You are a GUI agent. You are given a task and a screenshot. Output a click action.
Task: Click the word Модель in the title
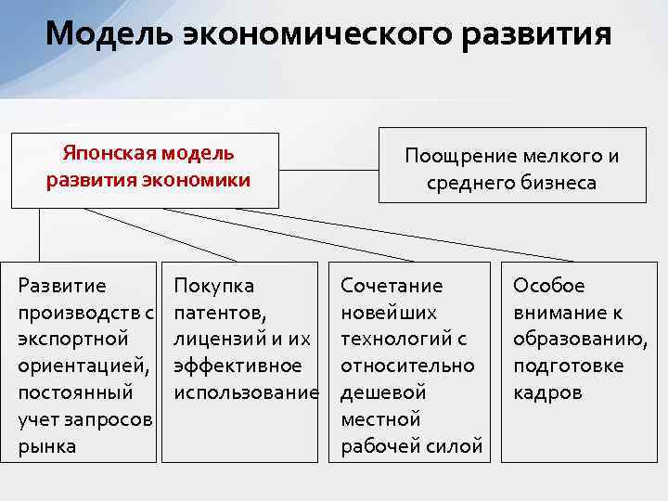107,34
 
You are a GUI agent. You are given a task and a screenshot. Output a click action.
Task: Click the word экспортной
73,339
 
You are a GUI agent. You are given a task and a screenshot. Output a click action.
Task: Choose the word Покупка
214,285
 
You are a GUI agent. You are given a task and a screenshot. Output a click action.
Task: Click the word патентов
220,312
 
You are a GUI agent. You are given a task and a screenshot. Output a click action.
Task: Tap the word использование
246,392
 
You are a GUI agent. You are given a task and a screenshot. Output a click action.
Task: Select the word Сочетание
392,285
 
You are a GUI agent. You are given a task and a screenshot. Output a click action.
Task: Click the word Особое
549,285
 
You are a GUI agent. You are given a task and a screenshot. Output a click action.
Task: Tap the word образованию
581,339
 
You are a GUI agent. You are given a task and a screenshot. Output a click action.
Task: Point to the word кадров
547,392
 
